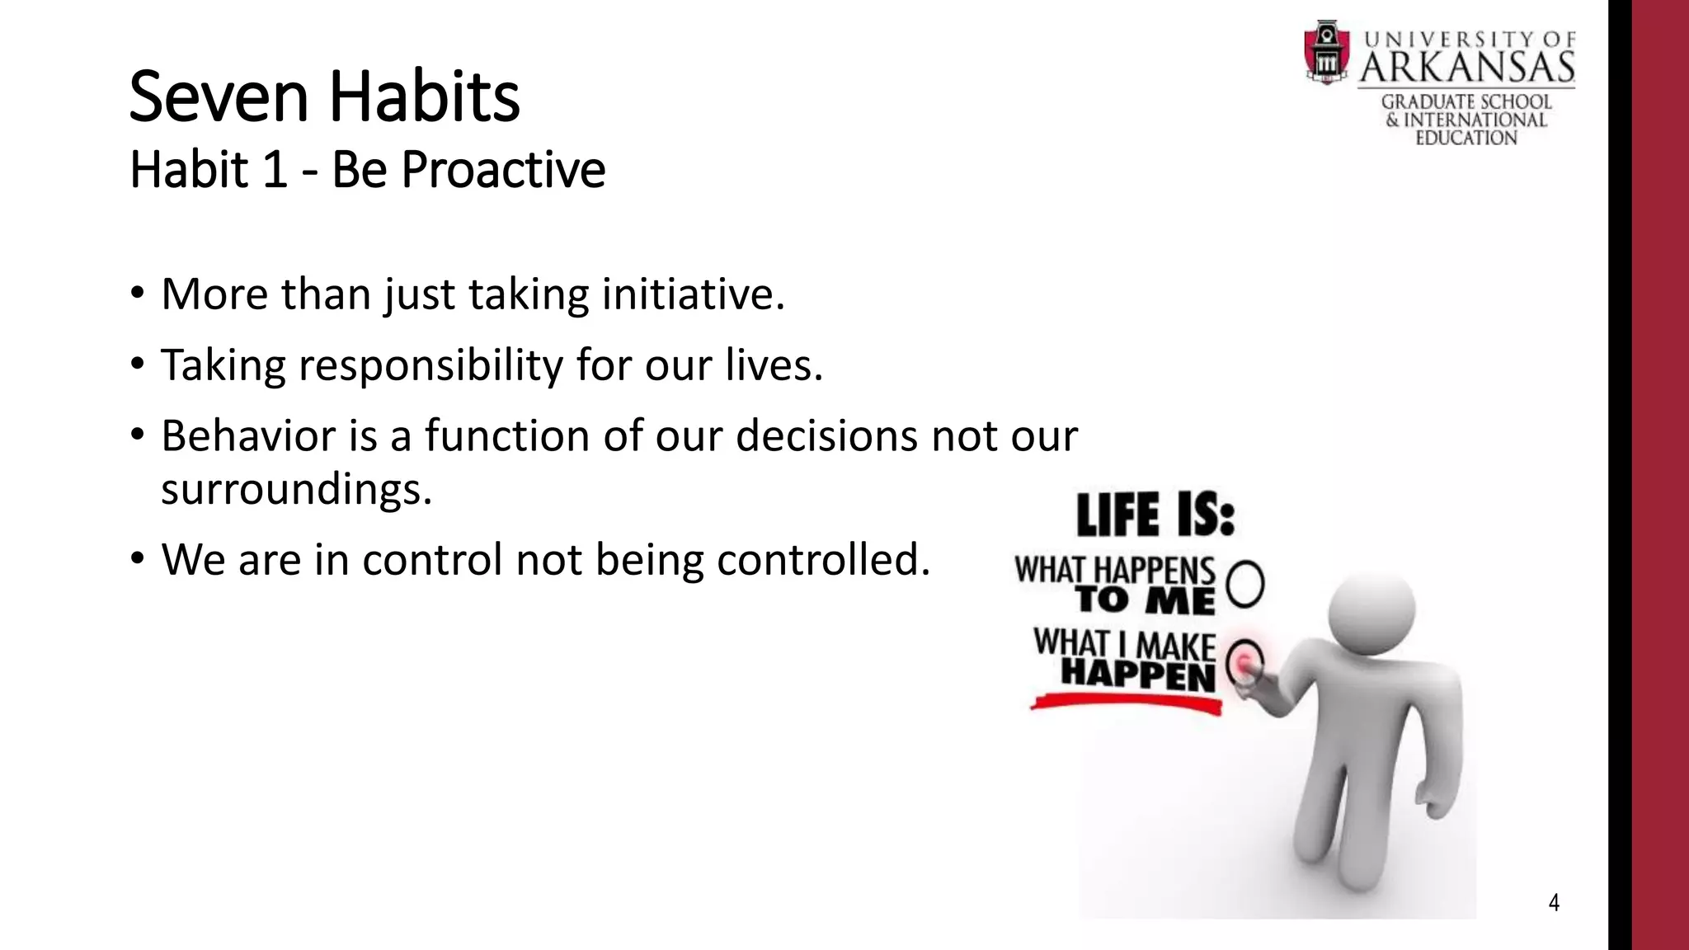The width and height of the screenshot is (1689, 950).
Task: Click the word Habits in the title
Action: (425, 97)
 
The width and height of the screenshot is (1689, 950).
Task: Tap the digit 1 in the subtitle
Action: (275, 171)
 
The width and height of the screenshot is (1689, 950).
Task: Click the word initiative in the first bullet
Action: (692, 294)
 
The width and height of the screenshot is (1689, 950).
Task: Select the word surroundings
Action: (295, 489)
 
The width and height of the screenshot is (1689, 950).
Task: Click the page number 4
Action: (1554, 903)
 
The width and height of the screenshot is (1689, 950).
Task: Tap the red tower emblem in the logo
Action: (1326, 53)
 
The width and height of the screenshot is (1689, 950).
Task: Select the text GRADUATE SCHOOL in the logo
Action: (1466, 102)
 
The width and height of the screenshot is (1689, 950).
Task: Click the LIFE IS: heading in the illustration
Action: (1155, 515)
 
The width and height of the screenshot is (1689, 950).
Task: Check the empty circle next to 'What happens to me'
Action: (1245, 584)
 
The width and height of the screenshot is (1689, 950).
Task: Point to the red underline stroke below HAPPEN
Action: (1127, 703)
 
